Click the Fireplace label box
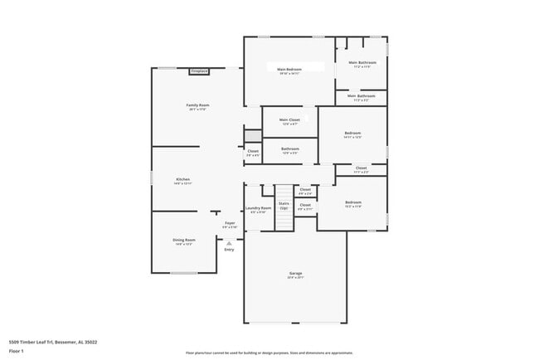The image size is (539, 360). click(x=199, y=71)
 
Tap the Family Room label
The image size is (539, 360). click(x=197, y=107)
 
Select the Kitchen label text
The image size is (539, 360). click(x=183, y=181)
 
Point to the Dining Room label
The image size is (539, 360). click(x=184, y=241)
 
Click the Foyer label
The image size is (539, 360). click(x=230, y=224)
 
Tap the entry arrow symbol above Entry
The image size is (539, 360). click(x=230, y=242)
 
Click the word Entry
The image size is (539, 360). click(x=229, y=250)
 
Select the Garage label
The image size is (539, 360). click(x=295, y=275)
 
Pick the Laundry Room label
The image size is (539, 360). click(x=259, y=209)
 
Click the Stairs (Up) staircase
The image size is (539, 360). click(x=284, y=199)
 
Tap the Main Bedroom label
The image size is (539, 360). click(x=289, y=71)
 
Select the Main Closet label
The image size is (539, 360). click(x=289, y=121)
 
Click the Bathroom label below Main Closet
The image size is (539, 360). click(x=290, y=150)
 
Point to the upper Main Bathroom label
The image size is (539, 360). click(x=362, y=64)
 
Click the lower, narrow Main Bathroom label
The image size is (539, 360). click(x=362, y=97)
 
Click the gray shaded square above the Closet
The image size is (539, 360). click(x=252, y=136)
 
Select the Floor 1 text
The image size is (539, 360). click(x=16, y=353)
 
